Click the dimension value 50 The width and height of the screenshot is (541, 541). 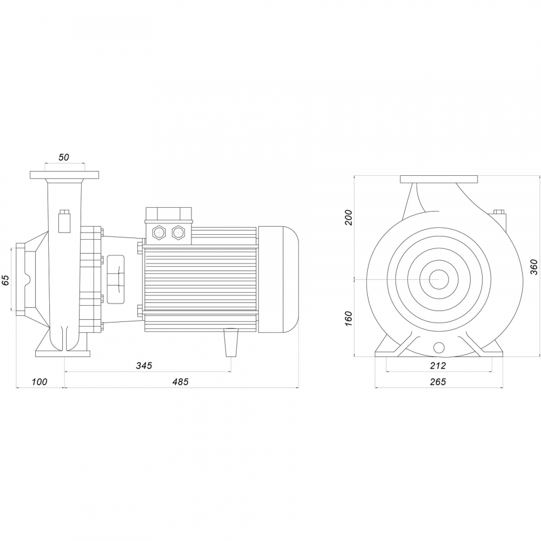(64, 157)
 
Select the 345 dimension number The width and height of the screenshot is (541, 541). (144, 365)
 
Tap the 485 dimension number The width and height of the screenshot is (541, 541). (181, 381)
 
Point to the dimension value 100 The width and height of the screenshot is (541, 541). (39, 381)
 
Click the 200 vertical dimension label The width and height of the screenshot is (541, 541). (349, 217)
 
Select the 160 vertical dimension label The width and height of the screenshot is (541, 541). (349, 319)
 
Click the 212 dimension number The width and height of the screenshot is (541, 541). (438, 365)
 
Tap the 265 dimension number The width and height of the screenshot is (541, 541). (438, 381)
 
